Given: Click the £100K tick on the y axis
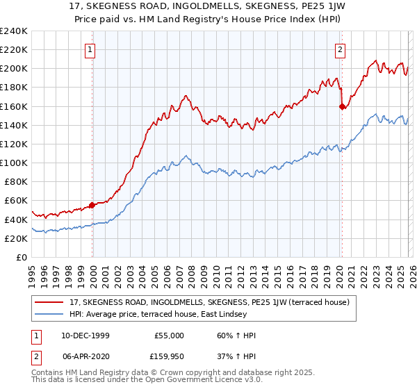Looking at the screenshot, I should tap(14, 163).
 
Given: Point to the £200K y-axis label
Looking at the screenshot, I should tap(14, 69).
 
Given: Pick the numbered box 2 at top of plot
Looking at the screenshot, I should tap(340, 49).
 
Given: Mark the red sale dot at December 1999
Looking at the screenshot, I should tap(92, 206).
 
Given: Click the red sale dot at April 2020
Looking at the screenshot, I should tap(342, 107).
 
